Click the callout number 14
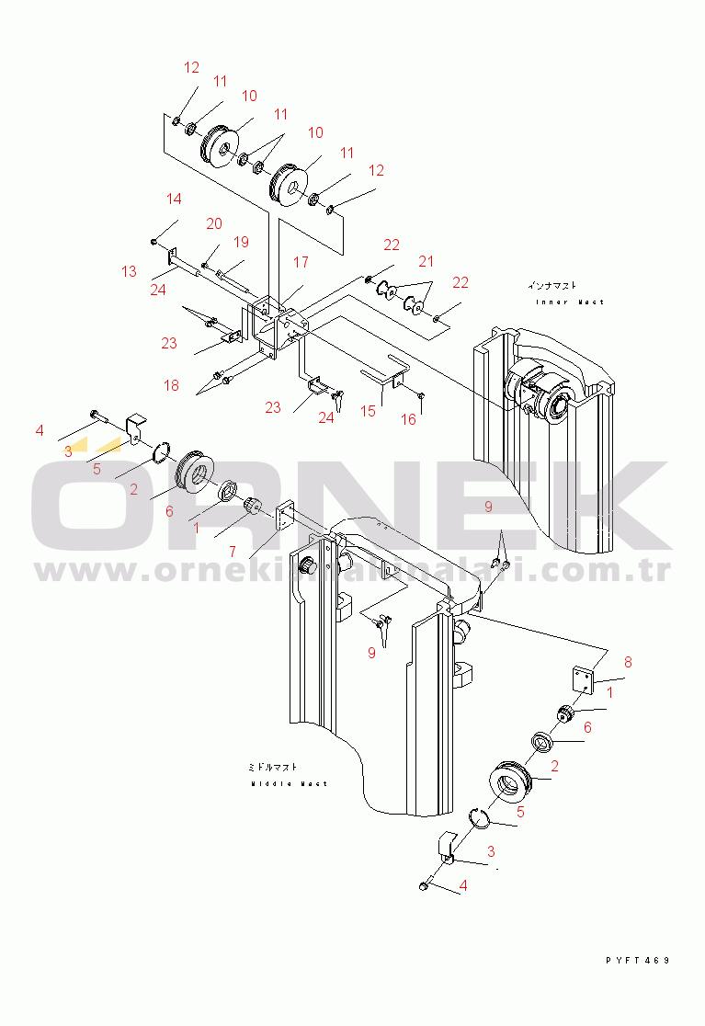pos(175,199)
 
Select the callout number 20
pos(214,223)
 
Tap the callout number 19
pos(241,242)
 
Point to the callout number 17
pos(301,263)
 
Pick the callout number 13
pos(129,271)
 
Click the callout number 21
pos(426,261)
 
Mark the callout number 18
pos(172,385)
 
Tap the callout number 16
pos(408,419)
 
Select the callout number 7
pos(233,551)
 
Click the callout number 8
pos(628,661)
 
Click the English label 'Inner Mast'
pos(570,302)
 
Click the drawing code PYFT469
pos(638,961)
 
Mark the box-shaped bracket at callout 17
pos(276,326)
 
